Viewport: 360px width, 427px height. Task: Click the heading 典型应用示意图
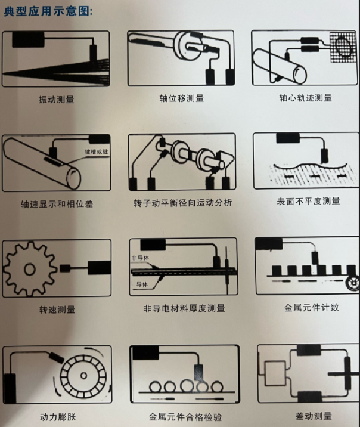click(x=48, y=12)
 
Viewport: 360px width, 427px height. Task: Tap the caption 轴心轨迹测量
click(x=305, y=98)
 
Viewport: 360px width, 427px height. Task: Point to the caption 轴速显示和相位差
click(x=57, y=204)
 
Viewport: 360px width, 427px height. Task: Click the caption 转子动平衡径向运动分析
click(x=182, y=203)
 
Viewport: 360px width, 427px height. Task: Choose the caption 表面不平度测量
click(x=305, y=201)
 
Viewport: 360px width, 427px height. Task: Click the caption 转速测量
click(x=57, y=310)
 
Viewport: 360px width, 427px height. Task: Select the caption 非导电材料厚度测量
click(x=184, y=308)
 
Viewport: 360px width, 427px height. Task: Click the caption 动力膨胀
click(x=57, y=416)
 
